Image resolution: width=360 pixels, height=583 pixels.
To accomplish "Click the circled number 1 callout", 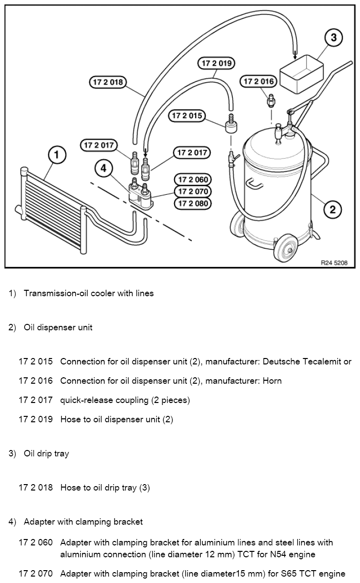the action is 56,155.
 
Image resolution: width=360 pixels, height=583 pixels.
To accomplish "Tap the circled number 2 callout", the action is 332,209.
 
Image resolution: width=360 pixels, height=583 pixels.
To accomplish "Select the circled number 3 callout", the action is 333,38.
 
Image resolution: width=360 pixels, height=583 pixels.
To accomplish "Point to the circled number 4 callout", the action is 103,169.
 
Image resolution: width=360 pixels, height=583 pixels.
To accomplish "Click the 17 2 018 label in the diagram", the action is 108,82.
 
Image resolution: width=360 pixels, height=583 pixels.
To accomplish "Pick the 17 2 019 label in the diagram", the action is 217,63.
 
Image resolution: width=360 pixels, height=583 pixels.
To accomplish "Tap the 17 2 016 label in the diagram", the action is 259,82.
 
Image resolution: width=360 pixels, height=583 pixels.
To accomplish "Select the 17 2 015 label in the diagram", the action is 187,116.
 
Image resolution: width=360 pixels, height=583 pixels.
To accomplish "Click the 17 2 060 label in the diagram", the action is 193,179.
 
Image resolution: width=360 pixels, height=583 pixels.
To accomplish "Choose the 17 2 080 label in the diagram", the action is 193,203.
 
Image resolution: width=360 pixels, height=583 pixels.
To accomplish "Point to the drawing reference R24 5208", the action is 334,263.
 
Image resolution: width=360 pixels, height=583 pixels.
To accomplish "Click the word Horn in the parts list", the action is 272,381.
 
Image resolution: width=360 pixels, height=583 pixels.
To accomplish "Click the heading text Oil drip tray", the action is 46,453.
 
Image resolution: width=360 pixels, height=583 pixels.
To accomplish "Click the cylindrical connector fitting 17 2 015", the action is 231,124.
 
